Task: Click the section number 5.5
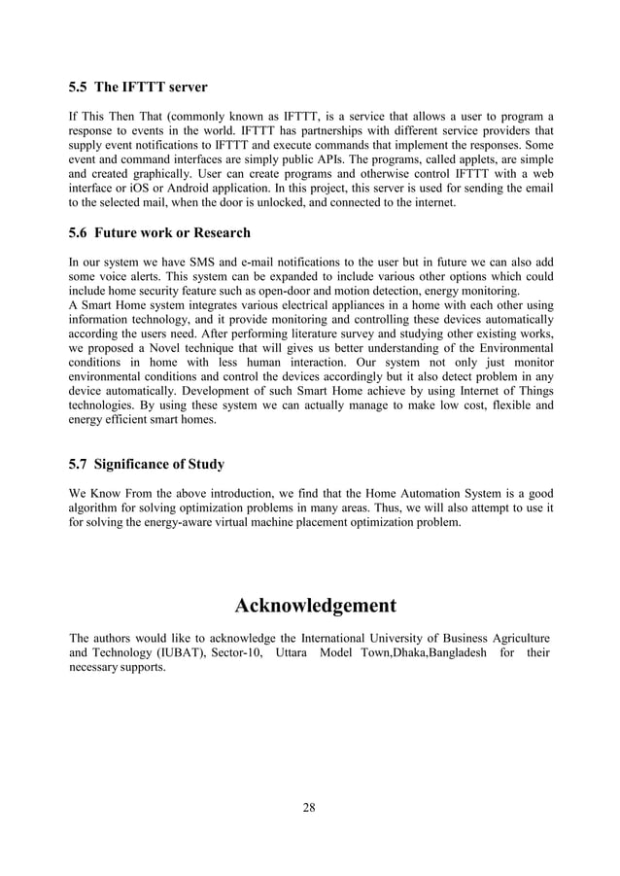79,89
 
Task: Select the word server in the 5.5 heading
184,89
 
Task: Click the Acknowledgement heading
316,607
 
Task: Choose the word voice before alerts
121,277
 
